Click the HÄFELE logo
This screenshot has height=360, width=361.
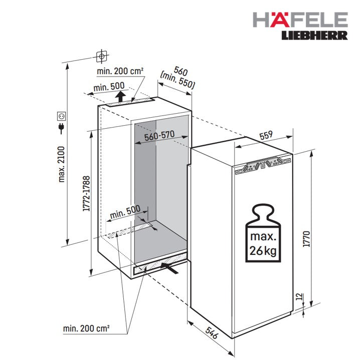point(300,20)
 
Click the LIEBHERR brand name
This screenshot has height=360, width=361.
point(315,36)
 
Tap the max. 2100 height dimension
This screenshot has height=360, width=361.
point(62,164)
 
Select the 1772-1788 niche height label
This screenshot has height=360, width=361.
point(86,194)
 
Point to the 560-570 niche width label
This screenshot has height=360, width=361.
point(159,135)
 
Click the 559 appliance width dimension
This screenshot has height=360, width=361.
point(266,135)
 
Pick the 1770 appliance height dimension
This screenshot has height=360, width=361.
point(306,239)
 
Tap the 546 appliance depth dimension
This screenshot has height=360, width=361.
point(212,333)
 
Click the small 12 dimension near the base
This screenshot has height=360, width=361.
point(299,297)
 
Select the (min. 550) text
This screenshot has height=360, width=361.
point(177,81)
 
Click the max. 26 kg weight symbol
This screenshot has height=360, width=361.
point(263,233)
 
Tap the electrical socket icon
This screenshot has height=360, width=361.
point(62,116)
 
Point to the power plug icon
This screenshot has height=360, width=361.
point(61,129)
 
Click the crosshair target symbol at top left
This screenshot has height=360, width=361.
point(101,56)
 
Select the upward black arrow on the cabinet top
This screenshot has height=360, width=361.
point(120,96)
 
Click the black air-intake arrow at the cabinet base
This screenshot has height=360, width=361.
point(169,268)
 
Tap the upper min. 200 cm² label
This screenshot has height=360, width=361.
point(120,71)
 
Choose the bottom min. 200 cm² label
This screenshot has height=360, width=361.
point(86,328)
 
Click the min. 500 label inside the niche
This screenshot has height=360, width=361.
point(125,212)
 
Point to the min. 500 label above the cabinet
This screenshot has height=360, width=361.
point(109,87)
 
